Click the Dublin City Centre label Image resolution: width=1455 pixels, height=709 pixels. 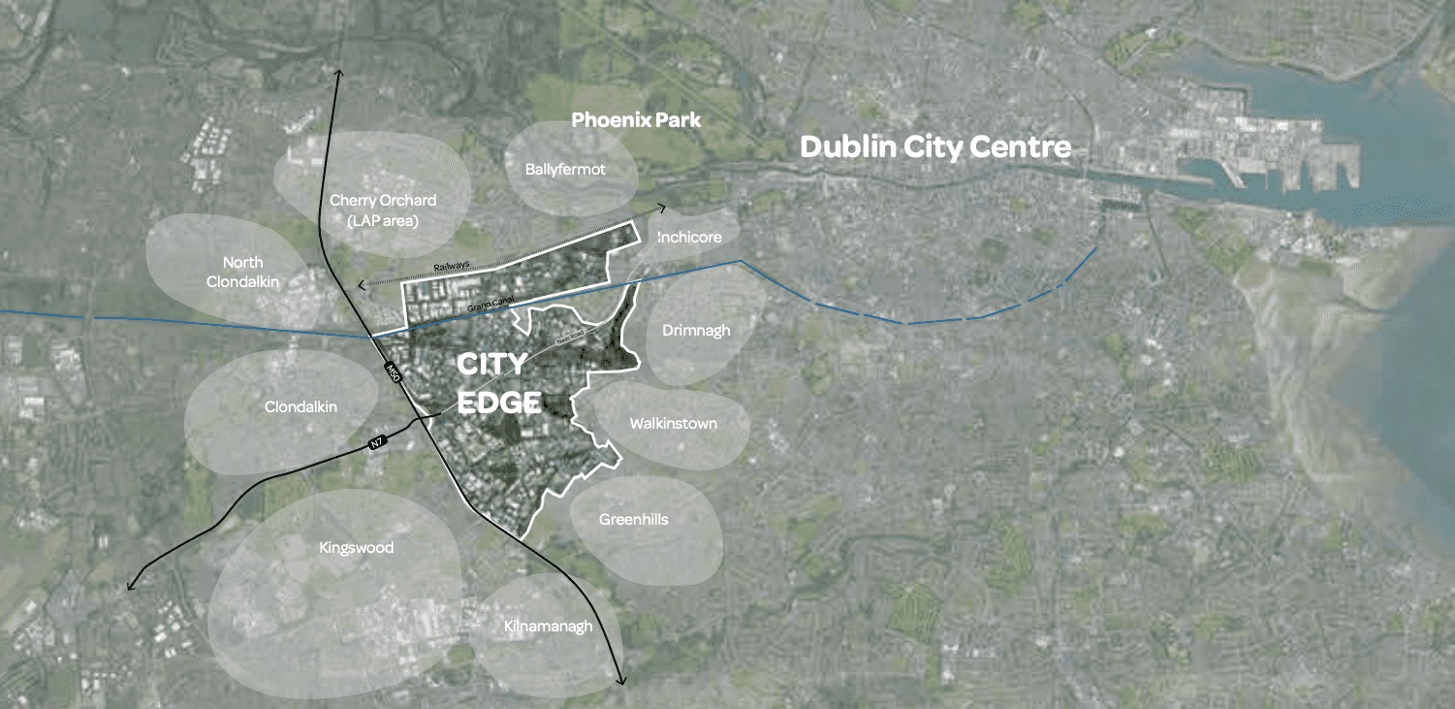935,147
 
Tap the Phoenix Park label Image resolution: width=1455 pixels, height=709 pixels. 636,120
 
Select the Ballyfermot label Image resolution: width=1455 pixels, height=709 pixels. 565,170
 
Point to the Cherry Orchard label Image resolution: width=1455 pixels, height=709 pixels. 383,201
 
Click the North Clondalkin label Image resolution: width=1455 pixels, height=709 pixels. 242,272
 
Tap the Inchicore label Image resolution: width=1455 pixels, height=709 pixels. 689,238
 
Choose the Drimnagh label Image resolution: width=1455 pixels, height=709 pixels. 696,331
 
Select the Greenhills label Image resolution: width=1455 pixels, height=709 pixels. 634,520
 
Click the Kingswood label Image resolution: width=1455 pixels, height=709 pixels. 357,548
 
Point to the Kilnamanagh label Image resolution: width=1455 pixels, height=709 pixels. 548,627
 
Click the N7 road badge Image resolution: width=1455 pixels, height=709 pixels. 378,443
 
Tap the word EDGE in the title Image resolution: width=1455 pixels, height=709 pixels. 499,402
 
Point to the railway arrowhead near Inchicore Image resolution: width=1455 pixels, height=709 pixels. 662,207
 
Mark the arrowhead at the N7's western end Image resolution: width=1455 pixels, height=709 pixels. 130,588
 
